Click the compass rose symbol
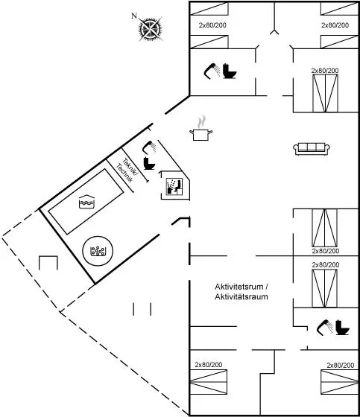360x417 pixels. click(x=151, y=29)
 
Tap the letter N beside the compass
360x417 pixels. click(x=134, y=16)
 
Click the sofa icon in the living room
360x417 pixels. click(x=312, y=149)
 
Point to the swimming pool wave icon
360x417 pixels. click(x=86, y=201)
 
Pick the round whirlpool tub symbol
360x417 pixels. click(x=98, y=251)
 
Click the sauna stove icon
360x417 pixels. click(x=174, y=187)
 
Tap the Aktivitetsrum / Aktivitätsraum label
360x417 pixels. click(x=241, y=292)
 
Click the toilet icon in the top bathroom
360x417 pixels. click(x=230, y=71)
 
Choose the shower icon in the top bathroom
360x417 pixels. click(x=212, y=71)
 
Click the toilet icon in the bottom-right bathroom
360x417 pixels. click(x=342, y=328)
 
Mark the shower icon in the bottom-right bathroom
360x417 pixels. click(x=325, y=328)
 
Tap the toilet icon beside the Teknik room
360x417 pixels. click(x=149, y=163)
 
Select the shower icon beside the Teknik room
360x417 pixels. click(x=149, y=147)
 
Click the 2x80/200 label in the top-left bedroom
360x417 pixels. click(x=212, y=25)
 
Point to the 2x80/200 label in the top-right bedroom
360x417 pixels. click(x=335, y=25)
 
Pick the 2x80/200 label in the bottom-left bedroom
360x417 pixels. click(x=209, y=365)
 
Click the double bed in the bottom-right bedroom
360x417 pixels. click(x=339, y=381)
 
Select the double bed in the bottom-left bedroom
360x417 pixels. click(x=209, y=381)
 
